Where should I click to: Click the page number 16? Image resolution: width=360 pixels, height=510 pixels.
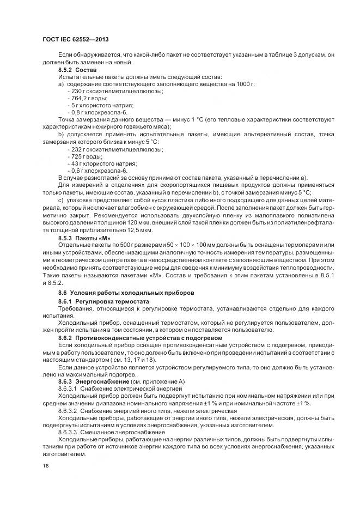point(46,465)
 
